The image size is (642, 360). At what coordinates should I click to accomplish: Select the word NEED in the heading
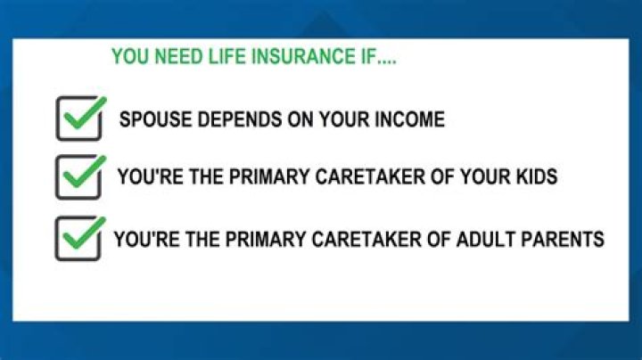183,57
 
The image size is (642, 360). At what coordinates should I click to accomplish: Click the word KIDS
533,176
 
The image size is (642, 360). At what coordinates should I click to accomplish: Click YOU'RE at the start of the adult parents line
144,240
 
